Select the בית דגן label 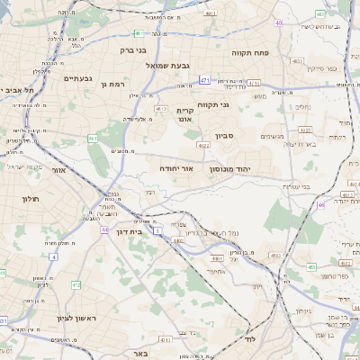pyautogui.click(x=130, y=231)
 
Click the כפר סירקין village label pyautogui.click(x=320, y=68)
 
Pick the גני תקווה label pyautogui.click(x=237, y=105)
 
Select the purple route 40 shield pyautogui.click(x=278, y=22)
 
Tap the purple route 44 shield pyautogui.click(x=105, y=229)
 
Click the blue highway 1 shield pyautogui.click(x=157, y=232)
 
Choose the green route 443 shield pyautogui.click(x=310, y=266)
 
